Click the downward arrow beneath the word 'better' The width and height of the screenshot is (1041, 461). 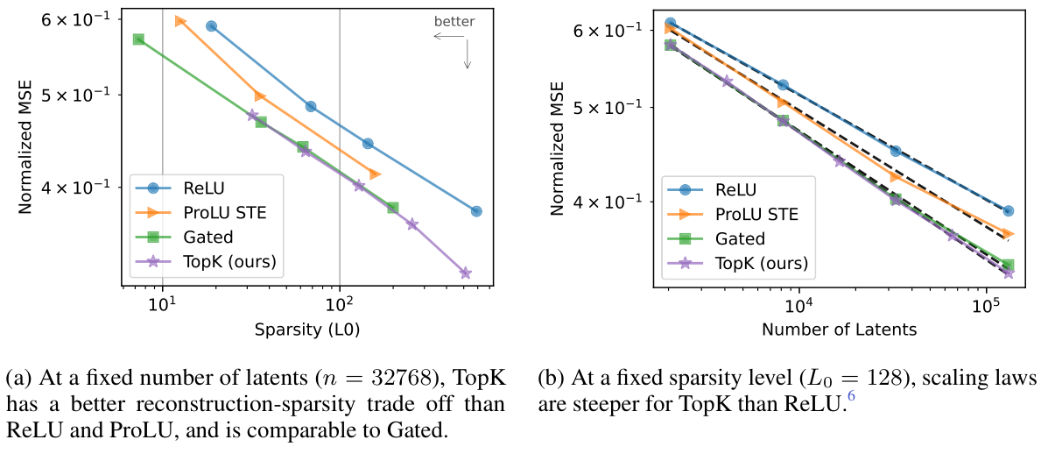(468, 54)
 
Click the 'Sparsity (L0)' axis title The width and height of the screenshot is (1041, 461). (307, 330)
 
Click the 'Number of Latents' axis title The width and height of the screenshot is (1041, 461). (840, 330)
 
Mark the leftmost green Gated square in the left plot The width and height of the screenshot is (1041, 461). (138, 39)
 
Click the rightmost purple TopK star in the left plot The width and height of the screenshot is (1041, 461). (466, 273)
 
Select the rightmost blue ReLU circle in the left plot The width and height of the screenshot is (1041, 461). (476, 211)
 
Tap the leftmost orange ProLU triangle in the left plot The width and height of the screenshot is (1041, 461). (180, 20)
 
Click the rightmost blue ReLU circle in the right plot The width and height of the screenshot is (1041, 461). (1009, 211)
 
